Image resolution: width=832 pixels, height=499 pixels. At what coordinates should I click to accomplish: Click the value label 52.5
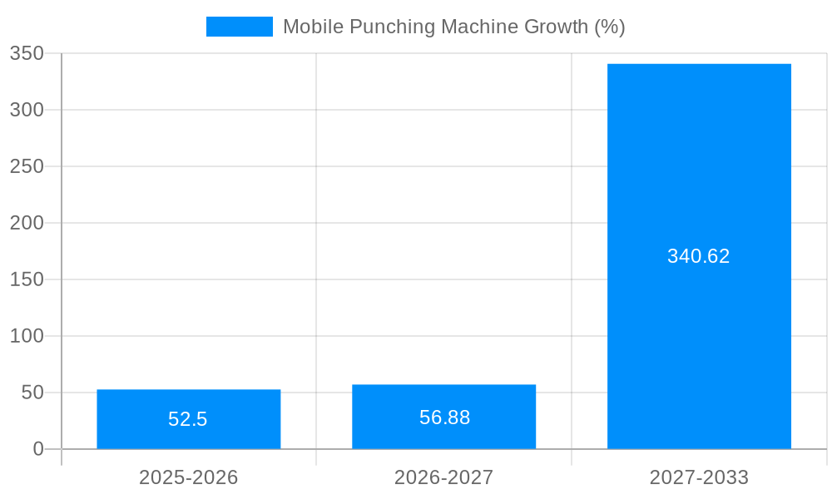(188, 419)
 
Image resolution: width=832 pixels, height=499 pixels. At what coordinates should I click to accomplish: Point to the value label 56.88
(444, 417)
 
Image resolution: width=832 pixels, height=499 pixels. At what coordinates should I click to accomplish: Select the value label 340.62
(698, 256)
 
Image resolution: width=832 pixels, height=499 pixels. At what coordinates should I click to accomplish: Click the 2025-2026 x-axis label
(188, 477)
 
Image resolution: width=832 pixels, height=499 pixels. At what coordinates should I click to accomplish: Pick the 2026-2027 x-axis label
(443, 477)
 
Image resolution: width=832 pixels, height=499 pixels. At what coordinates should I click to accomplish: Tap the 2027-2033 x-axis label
(699, 477)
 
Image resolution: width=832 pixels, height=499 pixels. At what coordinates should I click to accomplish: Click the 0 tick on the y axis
(38, 449)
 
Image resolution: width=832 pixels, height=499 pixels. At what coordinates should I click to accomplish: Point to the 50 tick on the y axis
(32, 393)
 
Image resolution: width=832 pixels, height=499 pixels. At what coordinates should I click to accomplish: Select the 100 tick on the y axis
(27, 336)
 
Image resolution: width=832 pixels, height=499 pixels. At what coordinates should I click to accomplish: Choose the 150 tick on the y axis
(27, 279)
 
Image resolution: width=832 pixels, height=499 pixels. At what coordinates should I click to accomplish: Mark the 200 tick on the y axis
(27, 223)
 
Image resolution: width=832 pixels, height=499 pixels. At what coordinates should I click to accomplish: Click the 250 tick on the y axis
(27, 166)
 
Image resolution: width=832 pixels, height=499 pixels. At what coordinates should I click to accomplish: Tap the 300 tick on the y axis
(27, 110)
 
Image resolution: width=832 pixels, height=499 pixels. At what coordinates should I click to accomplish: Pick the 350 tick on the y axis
(27, 53)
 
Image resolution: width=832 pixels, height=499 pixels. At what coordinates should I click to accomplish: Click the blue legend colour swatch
(240, 27)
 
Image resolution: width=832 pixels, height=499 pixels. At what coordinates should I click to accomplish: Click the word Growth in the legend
(557, 27)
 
